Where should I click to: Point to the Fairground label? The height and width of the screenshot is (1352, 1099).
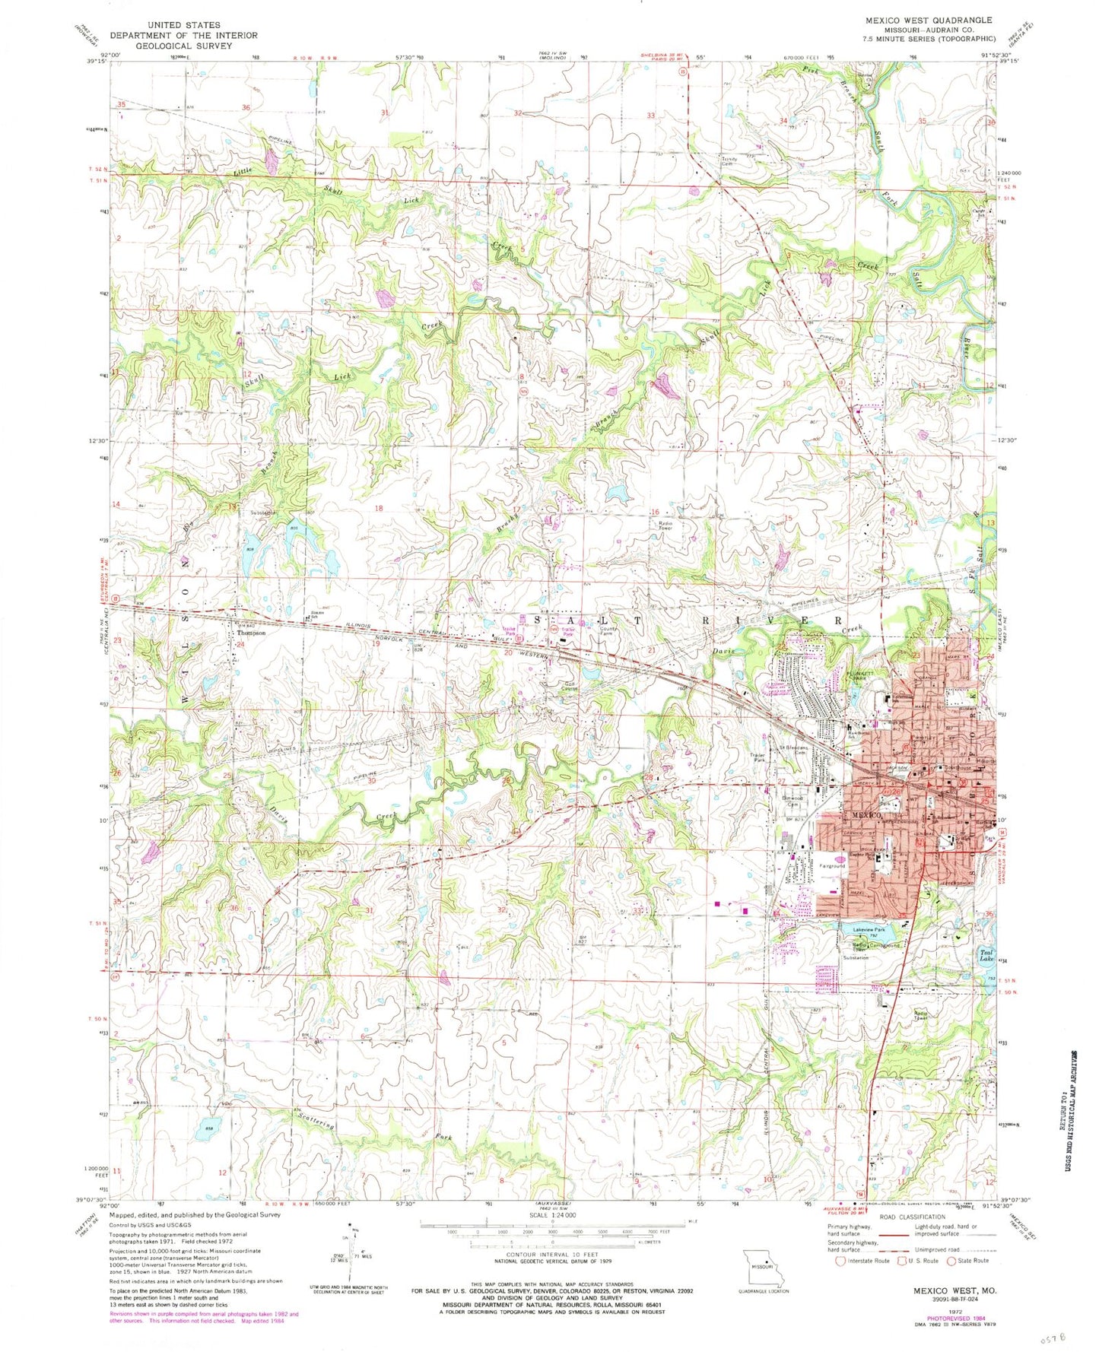click(x=832, y=866)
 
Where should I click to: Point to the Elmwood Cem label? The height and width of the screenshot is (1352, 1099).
click(x=792, y=801)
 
